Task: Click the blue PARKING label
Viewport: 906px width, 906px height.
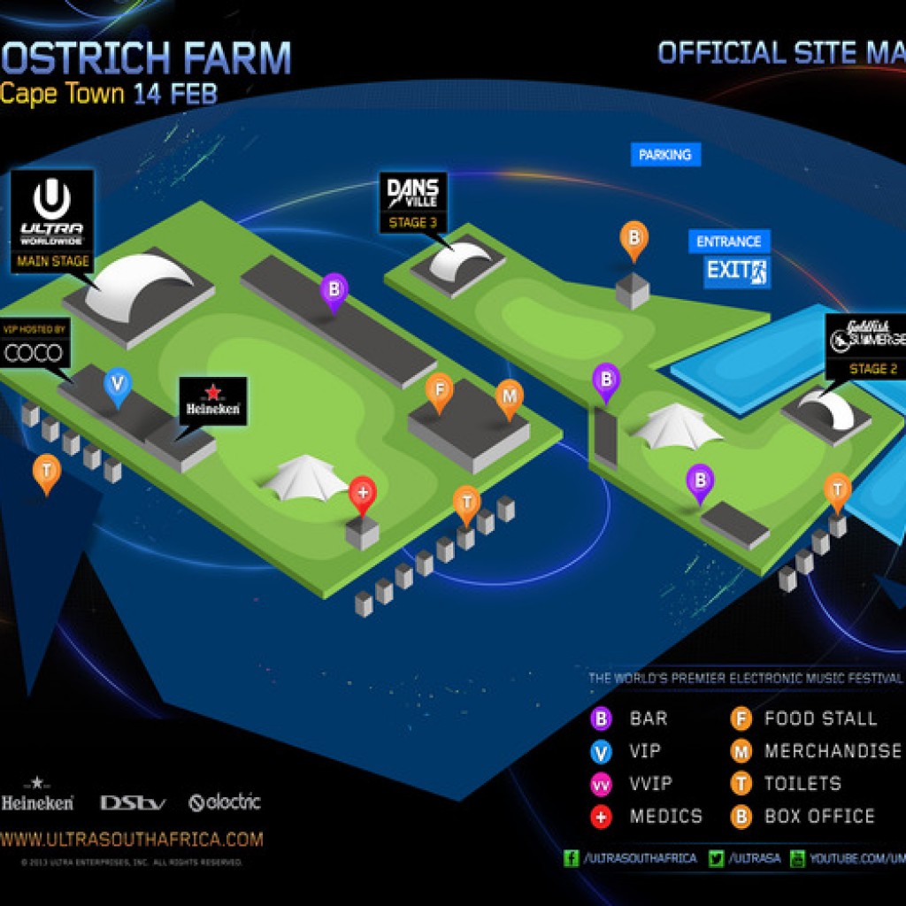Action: pyautogui.click(x=664, y=155)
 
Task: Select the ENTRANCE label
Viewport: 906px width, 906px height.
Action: pyautogui.click(x=728, y=242)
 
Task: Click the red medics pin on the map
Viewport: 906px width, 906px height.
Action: pyautogui.click(x=363, y=493)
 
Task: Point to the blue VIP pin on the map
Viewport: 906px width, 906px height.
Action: pyautogui.click(x=118, y=385)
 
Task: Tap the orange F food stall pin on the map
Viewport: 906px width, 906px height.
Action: pyautogui.click(x=439, y=389)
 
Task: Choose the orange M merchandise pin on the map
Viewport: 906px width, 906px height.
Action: pyautogui.click(x=509, y=395)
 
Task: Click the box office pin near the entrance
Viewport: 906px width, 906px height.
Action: pyautogui.click(x=633, y=237)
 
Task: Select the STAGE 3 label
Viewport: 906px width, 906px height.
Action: pyautogui.click(x=413, y=223)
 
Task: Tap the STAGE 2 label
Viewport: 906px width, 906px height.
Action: pyautogui.click(x=866, y=369)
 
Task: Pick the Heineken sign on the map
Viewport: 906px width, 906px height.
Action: pyautogui.click(x=212, y=401)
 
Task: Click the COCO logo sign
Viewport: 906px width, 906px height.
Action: pyautogui.click(x=35, y=354)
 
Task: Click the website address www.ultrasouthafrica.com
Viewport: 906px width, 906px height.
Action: pyautogui.click(x=132, y=839)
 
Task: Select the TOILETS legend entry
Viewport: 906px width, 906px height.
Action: pyautogui.click(x=802, y=783)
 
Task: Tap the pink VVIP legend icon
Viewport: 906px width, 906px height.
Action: pyautogui.click(x=602, y=784)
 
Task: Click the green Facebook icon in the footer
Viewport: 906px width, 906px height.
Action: pyautogui.click(x=572, y=858)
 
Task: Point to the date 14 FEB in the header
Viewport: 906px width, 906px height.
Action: pyautogui.click(x=175, y=95)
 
